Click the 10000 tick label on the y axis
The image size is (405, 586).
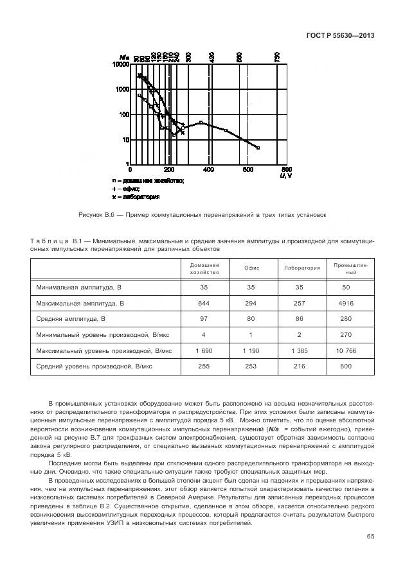tap(120, 65)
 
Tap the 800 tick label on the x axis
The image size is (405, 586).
tap(287, 169)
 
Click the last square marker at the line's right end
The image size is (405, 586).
tap(258, 148)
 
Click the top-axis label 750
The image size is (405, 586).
tap(277, 58)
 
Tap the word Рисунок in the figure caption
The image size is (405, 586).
tap(91, 215)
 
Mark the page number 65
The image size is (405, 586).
tap(370, 537)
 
